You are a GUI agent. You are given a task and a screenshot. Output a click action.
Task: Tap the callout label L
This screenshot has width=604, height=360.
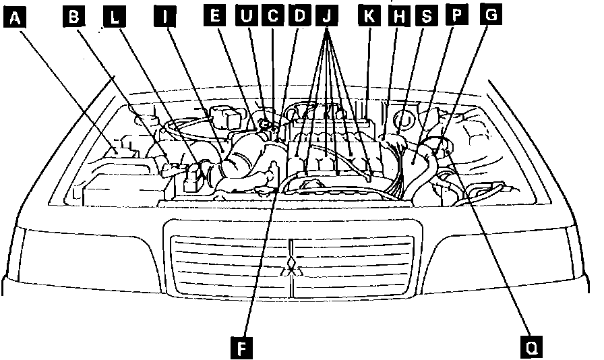pos(115,18)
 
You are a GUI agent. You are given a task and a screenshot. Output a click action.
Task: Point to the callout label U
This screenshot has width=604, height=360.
pos(246,17)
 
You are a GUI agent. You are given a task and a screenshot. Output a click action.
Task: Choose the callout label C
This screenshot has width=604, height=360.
pos(272,17)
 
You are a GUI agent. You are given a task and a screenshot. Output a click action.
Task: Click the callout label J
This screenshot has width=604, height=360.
pos(328,17)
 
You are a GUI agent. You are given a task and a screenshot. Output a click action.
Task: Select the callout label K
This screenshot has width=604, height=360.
pos(369,17)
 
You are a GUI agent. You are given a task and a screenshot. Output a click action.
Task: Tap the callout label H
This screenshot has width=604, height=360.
pos(398,17)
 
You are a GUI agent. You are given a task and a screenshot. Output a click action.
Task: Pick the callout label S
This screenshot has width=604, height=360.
pos(425,17)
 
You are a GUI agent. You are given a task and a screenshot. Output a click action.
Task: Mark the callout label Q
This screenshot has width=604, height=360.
pos(533,347)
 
